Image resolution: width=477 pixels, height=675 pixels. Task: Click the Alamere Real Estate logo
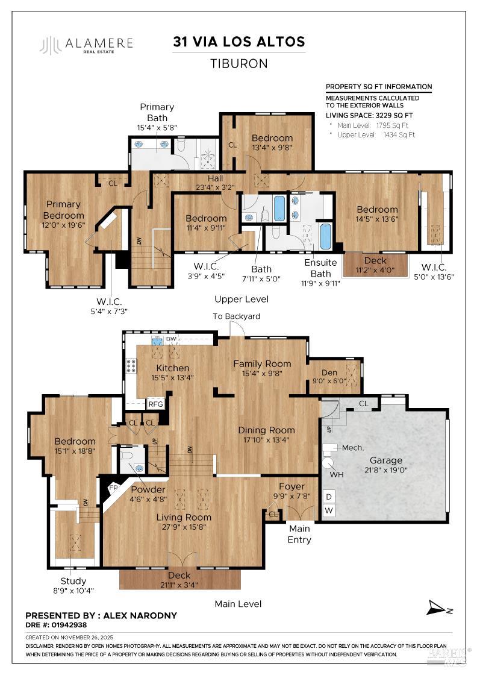tap(86, 45)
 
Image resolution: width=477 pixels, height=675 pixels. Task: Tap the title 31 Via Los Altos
tap(238, 42)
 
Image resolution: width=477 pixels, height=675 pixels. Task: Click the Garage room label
tap(385, 460)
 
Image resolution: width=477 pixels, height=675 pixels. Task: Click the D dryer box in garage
tap(329, 497)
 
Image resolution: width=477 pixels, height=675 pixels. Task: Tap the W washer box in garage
tap(329, 510)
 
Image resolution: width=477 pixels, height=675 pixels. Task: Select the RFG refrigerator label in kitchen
tap(156, 404)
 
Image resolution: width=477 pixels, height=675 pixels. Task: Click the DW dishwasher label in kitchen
tap(170, 340)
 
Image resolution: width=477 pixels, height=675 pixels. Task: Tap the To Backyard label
tap(237, 316)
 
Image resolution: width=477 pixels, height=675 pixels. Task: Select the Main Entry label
tap(299, 535)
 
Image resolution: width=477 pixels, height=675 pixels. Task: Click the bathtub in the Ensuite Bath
tap(325, 236)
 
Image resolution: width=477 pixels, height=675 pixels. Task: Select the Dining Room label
tap(266, 430)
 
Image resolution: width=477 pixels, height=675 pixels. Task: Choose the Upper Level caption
tap(241, 299)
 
